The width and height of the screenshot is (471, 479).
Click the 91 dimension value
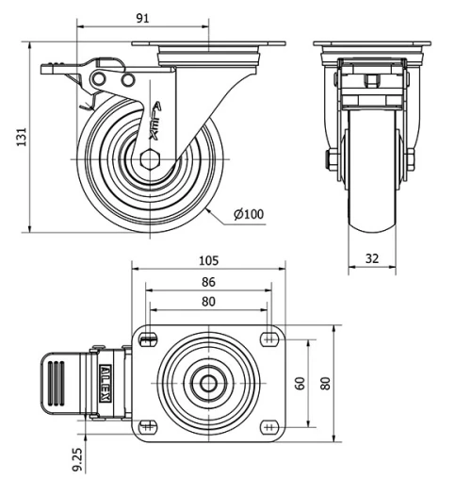coord(142,19)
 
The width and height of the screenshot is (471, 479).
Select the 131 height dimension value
coord(22,137)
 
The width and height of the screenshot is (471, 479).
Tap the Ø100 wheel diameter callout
coord(249,214)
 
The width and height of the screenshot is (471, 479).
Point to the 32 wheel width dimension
coord(372,258)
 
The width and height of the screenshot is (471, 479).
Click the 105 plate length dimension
coord(208,260)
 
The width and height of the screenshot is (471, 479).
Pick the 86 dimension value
coord(208,282)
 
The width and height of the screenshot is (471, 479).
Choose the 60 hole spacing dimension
coord(300,383)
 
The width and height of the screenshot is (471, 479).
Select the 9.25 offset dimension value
coord(77,459)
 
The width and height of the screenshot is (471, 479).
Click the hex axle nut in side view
coord(150,159)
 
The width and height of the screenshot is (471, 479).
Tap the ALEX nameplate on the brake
coord(106,383)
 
